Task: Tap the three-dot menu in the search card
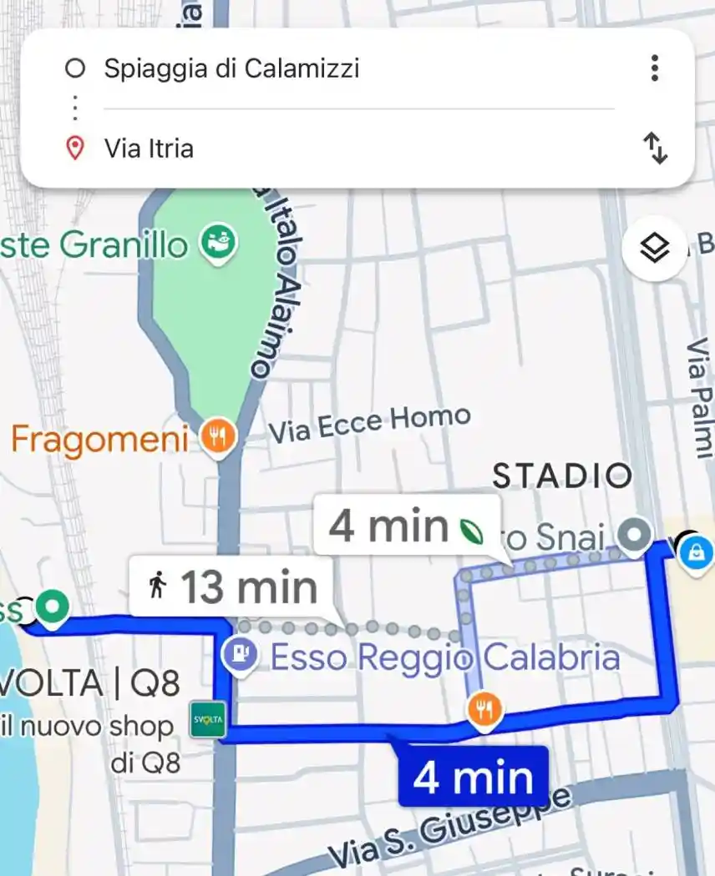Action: tap(655, 68)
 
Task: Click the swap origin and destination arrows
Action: tap(656, 149)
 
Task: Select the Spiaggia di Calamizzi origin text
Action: tap(231, 68)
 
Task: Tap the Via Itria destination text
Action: tap(149, 149)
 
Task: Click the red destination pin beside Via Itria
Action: tap(75, 149)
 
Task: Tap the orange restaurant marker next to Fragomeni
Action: tap(218, 435)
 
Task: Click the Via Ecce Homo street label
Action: tap(369, 424)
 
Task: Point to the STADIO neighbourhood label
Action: tap(561, 476)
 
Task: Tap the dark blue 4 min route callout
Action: tap(473, 777)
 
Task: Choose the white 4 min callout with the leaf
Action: tap(406, 526)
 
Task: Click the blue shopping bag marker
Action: tap(695, 551)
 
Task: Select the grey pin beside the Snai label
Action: tap(636, 531)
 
